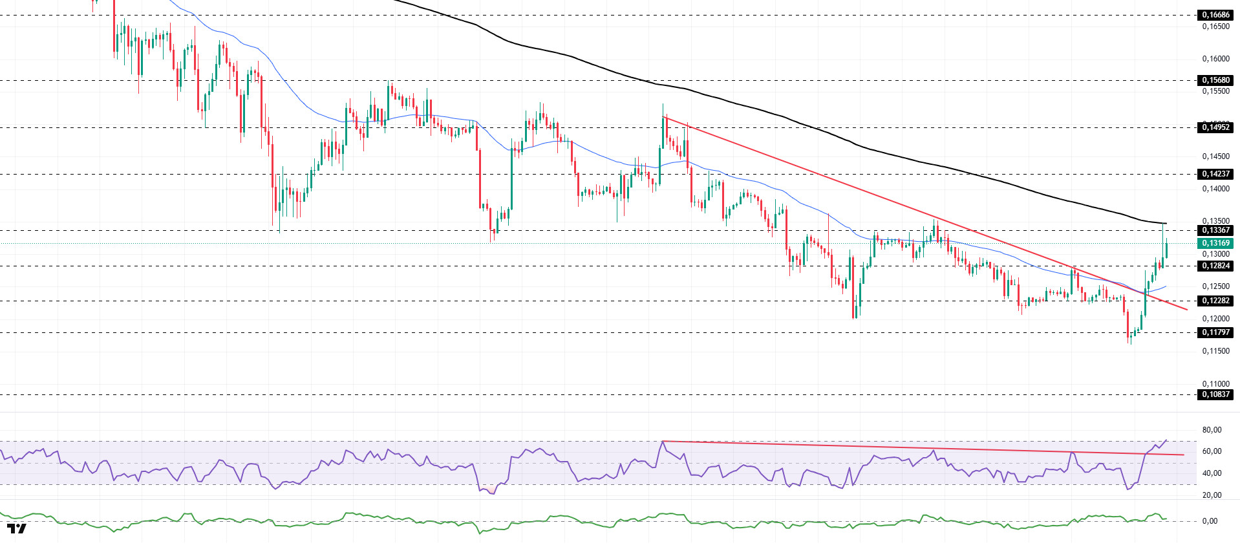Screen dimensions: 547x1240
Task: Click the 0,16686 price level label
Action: [x=1215, y=15]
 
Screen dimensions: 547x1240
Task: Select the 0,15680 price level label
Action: [x=1215, y=80]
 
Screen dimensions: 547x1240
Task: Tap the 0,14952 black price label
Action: [x=1215, y=127]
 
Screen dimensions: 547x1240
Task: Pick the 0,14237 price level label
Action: [x=1215, y=174]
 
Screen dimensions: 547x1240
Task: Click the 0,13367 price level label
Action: [x=1215, y=230]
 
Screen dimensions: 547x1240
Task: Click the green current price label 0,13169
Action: [x=1215, y=243]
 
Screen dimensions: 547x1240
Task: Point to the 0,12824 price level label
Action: [x=1215, y=266]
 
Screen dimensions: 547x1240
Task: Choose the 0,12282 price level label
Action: [x=1215, y=301]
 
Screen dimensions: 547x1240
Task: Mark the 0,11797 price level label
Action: [x=1215, y=332]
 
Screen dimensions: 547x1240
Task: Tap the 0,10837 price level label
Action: [x=1215, y=394]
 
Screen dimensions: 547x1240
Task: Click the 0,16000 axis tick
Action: [x=1215, y=59]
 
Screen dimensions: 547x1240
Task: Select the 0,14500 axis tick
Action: [x=1215, y=156]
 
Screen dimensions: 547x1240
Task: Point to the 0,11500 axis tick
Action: [x=1215, y=351]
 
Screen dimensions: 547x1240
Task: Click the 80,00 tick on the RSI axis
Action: [x=1212, y=430]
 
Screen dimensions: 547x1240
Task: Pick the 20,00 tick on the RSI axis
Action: [x=1212, y=495]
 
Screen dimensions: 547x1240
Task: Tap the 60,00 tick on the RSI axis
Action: [x=1212, y=451]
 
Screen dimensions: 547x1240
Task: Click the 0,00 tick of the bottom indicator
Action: [x=1210, y=521]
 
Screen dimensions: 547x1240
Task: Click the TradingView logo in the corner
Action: [x=17, y=529]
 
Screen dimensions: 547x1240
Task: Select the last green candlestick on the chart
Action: [x=1166, y=248]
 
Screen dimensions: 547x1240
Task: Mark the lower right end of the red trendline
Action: [x=1187, y=309]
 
